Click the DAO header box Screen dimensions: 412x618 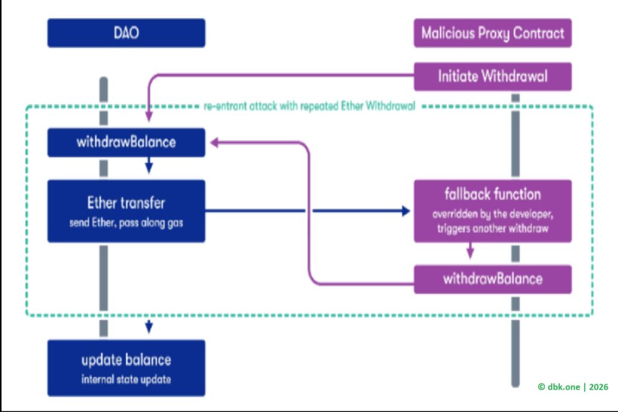coord(126,33)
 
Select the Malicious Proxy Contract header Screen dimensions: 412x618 coord(492,33)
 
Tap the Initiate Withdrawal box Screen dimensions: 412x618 coord(492,76)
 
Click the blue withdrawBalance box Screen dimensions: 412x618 coord(126,142)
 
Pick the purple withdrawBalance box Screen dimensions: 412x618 coord(492,279)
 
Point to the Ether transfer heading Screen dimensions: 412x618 coord(126,201)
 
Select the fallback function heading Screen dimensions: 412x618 coord(492,194)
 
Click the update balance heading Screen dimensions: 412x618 coord(126,360)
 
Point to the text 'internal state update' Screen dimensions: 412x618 coord(126,380)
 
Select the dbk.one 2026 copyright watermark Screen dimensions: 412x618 coord(573,387)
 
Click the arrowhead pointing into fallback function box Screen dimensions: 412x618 coord(407,211)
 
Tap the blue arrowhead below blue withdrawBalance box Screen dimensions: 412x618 coord(148,168)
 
